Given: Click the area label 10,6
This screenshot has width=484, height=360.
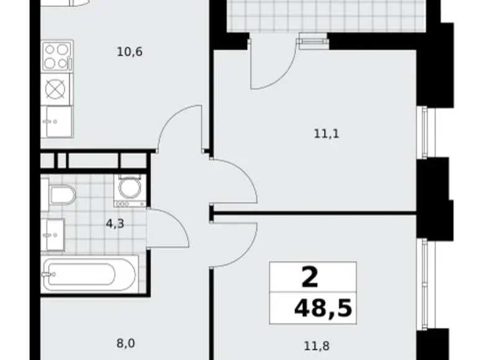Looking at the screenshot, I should click(x=130, y=52).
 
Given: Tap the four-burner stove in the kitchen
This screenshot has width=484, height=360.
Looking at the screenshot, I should click(x=56, y=56).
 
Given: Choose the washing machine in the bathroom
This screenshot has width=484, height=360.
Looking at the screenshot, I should click(x=129, y=191).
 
